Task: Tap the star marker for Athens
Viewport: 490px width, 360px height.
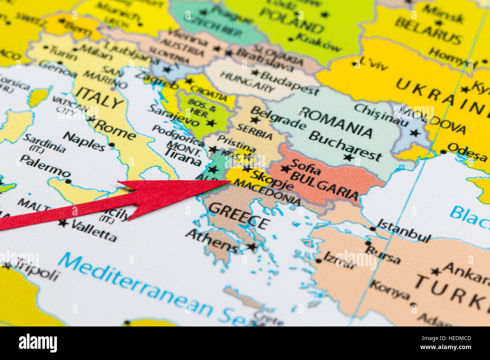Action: [x=251, y=247]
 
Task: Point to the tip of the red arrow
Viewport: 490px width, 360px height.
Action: [x=230, y=182]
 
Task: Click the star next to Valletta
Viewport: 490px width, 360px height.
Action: [x=63, y=223]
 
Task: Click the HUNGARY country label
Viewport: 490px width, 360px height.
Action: [x=248, y=81]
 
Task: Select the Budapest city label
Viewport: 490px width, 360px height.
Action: [x=289, y=82]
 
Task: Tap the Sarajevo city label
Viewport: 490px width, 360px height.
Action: [x=173, y=116]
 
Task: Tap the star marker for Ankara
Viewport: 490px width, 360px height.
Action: [x=436, y=271]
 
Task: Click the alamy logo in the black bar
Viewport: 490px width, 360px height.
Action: [x=38, y=343]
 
